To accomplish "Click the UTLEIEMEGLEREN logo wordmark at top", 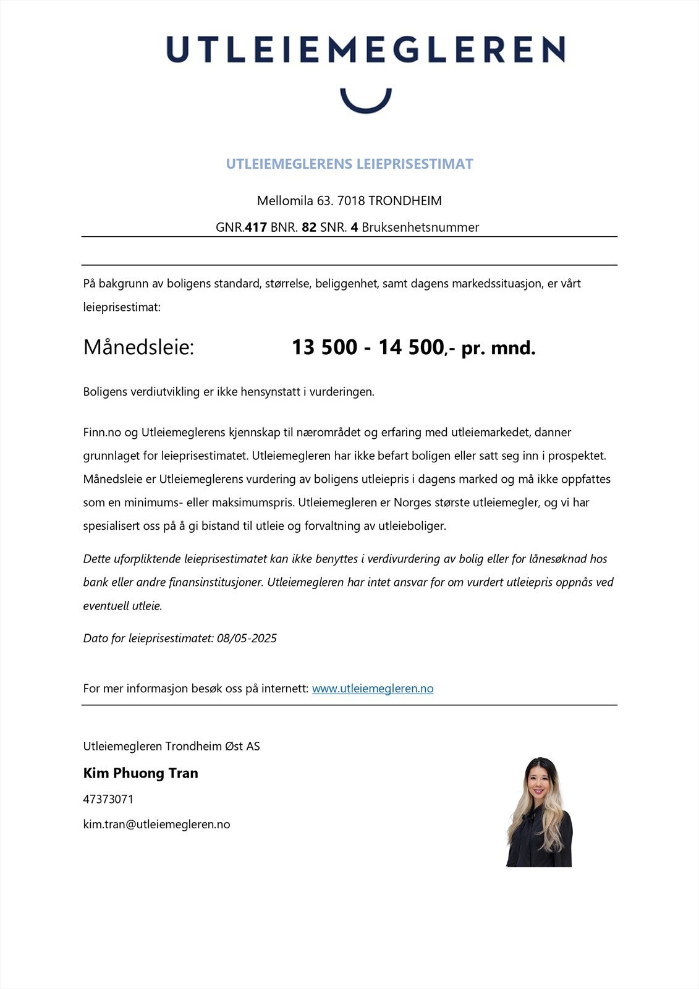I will coord(365,49).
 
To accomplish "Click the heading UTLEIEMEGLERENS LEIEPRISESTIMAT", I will coord(349,164).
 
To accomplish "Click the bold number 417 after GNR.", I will coord(256,227).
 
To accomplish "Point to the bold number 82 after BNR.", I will coord(309,227).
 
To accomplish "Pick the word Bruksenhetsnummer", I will coord(420,227).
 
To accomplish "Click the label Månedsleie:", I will coord(138,347).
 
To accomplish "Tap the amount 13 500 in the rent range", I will coord(324,347).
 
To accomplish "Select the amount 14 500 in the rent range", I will coord(411,347).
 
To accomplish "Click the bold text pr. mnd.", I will coord(498,348).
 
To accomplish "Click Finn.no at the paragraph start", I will coord(102,432).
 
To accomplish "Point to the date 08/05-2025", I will coord(247,639).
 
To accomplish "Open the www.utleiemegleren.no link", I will coord(373,689).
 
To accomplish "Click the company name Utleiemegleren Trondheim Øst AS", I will coord(171,746).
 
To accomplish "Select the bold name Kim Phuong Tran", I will coord(140,773).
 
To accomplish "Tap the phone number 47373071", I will coord(108,799).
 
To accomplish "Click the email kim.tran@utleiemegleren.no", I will coord(156,825).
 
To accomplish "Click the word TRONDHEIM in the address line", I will coord(405,201).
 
